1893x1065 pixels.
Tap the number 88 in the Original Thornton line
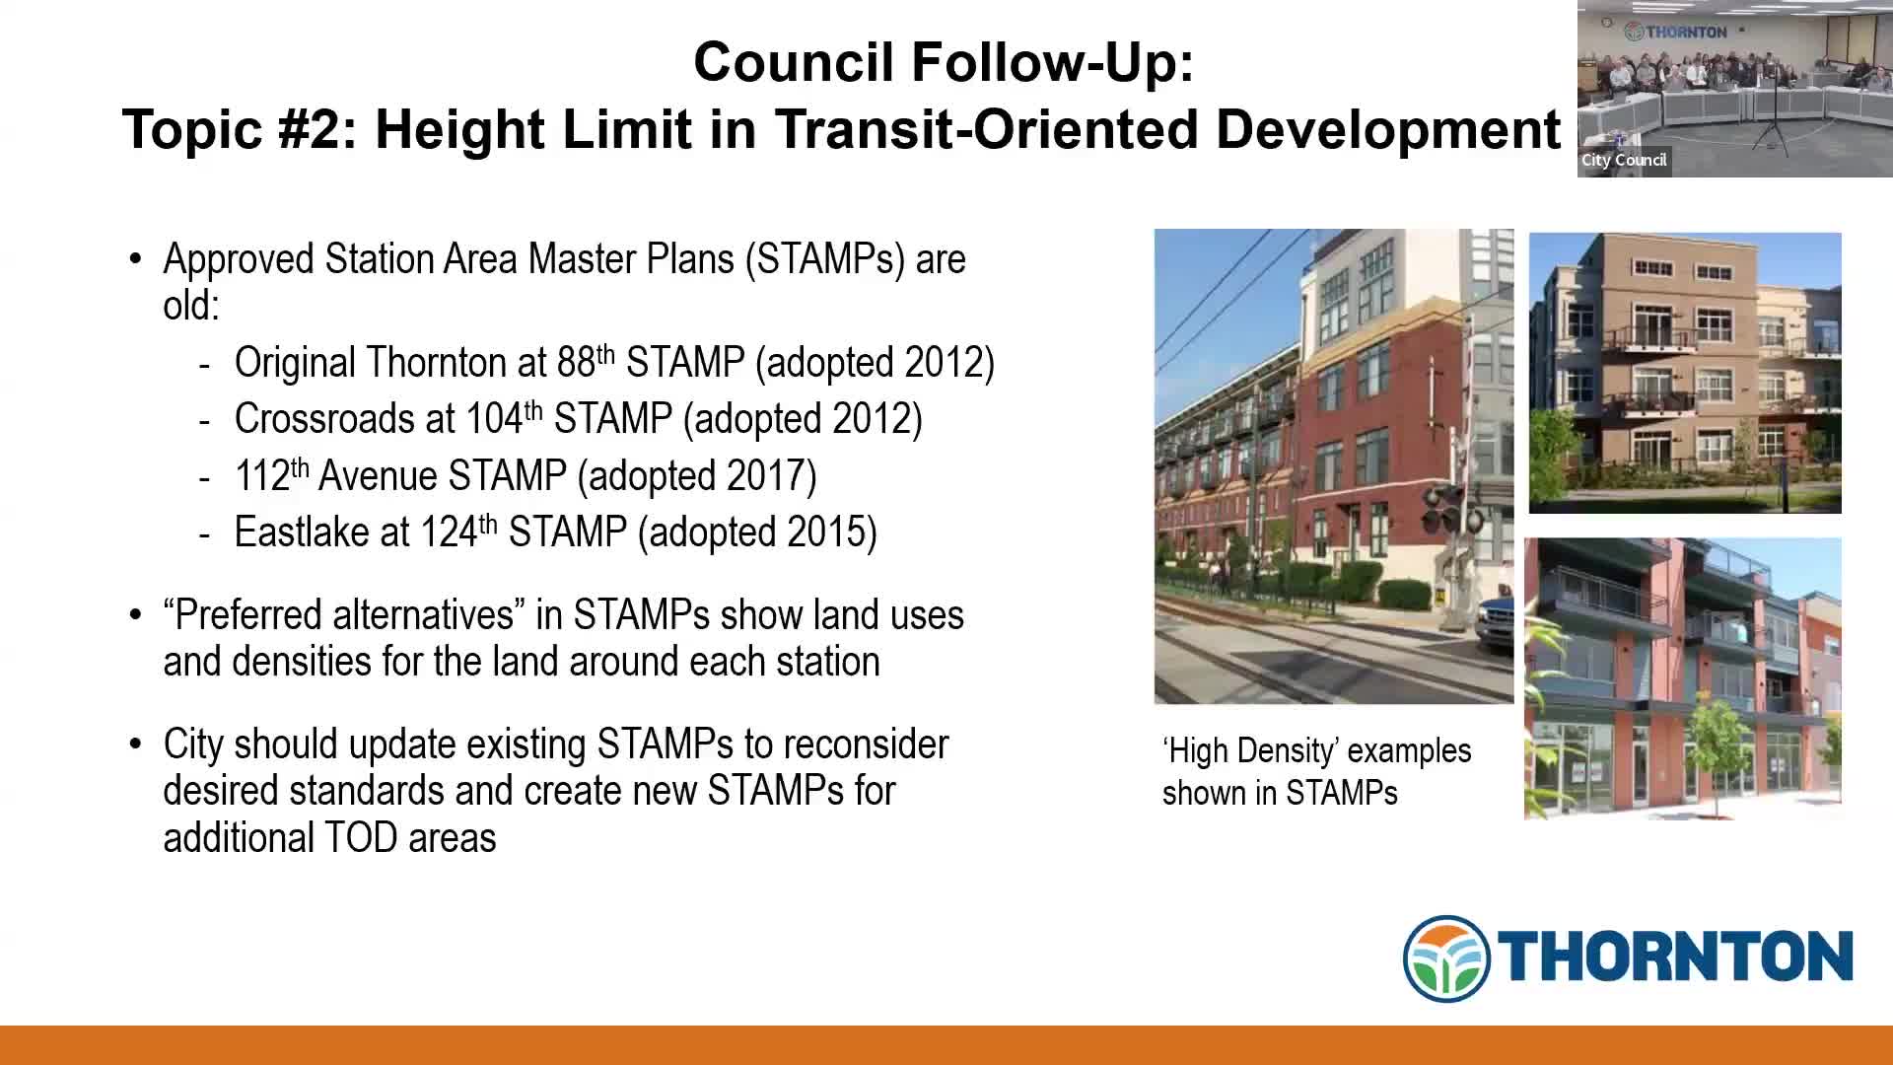click(x=576, y=363)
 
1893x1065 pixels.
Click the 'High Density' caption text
click(x=1316, y=772)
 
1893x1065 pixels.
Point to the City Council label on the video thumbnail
click(x=1624, y=160)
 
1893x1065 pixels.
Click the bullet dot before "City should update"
click(x=136, y=745)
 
